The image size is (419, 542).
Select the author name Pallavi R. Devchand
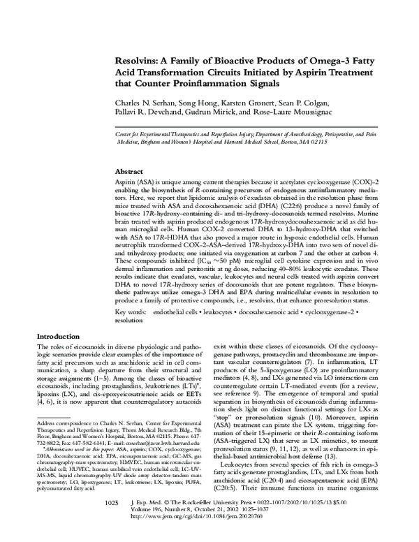[x=149, y=112]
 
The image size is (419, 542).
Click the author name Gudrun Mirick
[x=220, y=112]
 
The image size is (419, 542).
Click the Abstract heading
[x=130, y=171]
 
